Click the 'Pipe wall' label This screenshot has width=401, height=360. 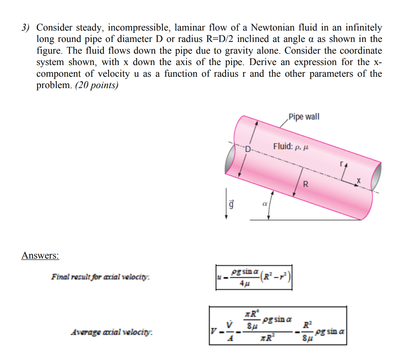click(303, 117)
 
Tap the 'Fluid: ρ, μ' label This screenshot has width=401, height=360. click(291, 147)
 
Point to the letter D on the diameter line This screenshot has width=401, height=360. click(247, 149)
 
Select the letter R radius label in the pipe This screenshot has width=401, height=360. click(306, 184)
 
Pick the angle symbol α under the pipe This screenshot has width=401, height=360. click(264, 204)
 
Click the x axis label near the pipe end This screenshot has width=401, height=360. click(358, 181)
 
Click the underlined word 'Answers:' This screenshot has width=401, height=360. click(40, 256)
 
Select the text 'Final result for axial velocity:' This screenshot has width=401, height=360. click(101, 277)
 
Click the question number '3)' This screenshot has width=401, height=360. click(26, 28)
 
